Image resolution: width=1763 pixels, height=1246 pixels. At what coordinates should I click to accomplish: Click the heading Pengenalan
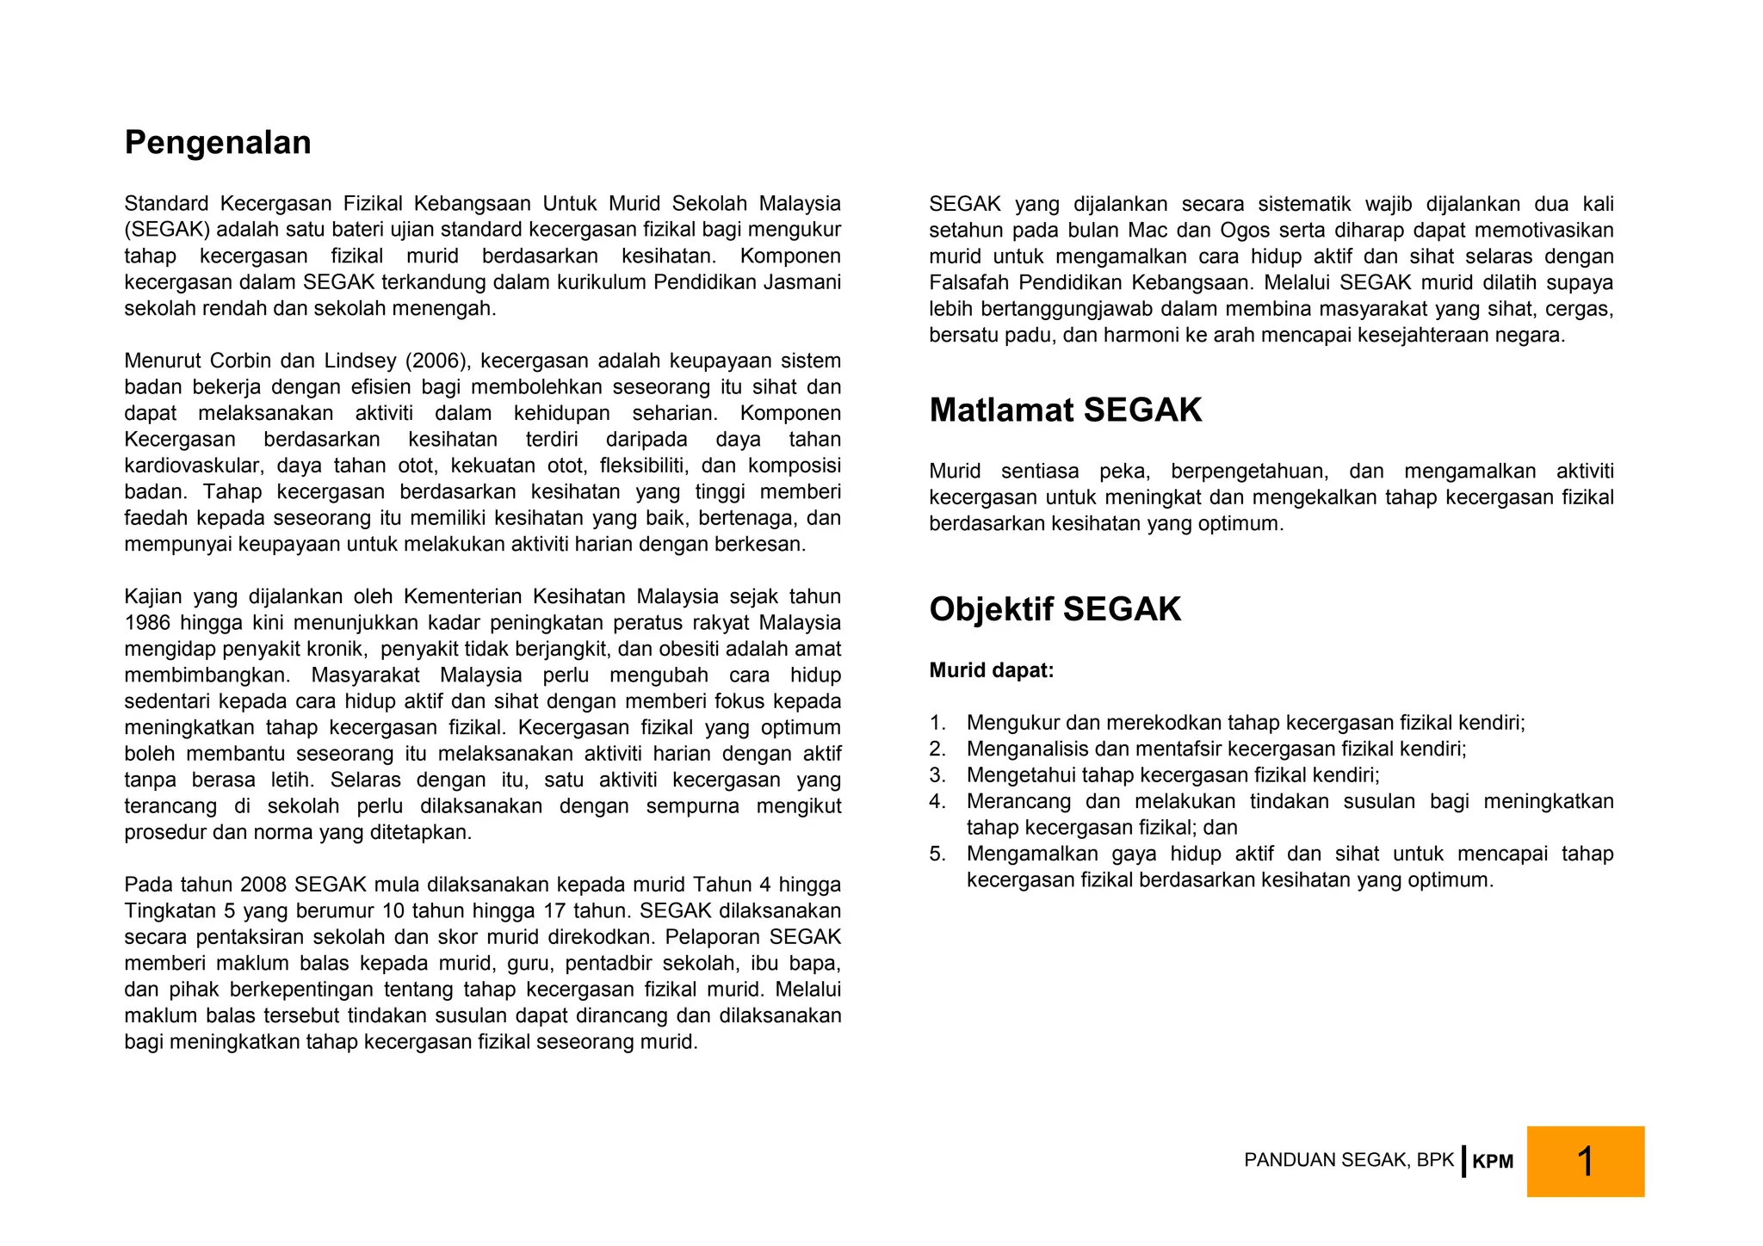point(218,143)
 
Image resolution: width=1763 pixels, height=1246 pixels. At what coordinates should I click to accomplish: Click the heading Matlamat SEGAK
point(1065,410)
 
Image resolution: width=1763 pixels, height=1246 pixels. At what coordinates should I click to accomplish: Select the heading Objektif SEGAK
point(1055,609)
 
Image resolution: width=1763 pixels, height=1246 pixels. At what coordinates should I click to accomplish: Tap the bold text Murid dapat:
point(991,670)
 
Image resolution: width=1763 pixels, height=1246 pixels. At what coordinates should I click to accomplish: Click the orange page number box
point(1585,1161)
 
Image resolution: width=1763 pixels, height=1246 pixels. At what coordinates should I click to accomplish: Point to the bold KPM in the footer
point(1492,1162)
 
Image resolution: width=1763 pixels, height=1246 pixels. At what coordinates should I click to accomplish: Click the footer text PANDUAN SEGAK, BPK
point(1348,1160)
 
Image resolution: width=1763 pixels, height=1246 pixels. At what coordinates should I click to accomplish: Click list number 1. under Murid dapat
point(937,723)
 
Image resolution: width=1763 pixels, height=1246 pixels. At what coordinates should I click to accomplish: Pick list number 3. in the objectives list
point(937,775)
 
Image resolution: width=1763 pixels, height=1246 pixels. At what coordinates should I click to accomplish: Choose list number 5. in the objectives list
point(937,854)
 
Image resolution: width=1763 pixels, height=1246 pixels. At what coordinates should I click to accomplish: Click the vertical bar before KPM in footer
point(1463,1161)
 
